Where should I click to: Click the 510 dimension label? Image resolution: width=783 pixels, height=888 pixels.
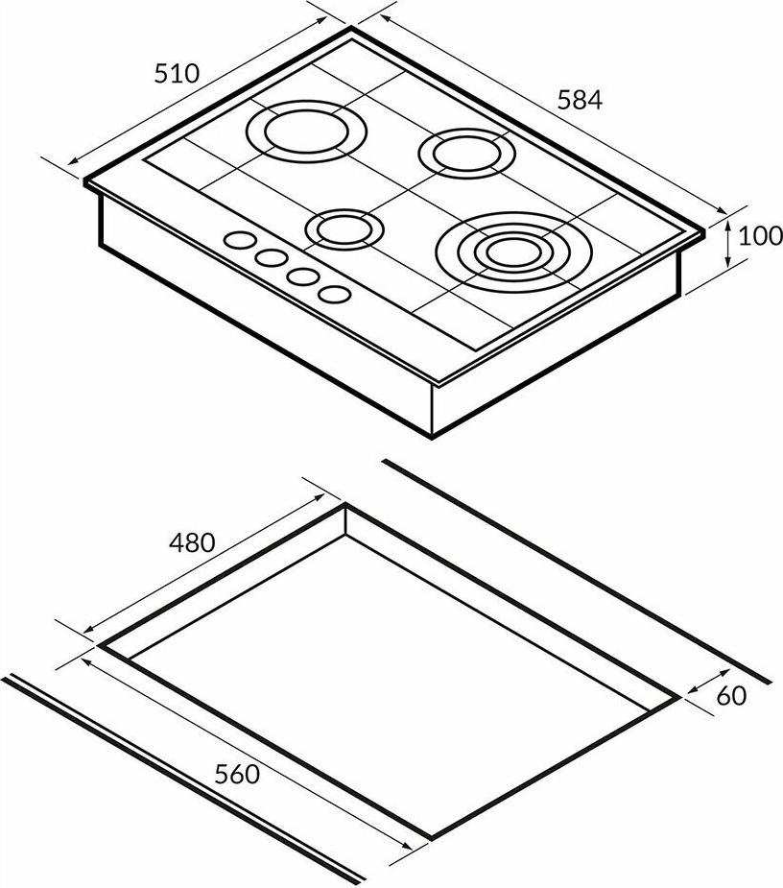tap(177, 74)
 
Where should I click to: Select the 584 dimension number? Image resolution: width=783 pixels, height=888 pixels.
tap(580, 100)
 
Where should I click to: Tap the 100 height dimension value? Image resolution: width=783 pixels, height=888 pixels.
tap(760, 236)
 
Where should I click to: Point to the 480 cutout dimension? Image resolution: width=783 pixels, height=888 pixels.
tap(192, 542)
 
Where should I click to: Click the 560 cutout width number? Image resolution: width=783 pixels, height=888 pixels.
tap(237, 774)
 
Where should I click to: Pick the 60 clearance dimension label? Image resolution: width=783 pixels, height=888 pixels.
tap(731, 696)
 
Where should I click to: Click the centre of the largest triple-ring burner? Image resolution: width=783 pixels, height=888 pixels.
tap(513, 252)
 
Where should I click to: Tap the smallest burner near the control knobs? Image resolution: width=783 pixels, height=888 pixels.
tap(344, 230)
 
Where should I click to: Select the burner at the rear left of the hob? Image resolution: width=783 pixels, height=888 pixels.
tap(306, 132)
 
